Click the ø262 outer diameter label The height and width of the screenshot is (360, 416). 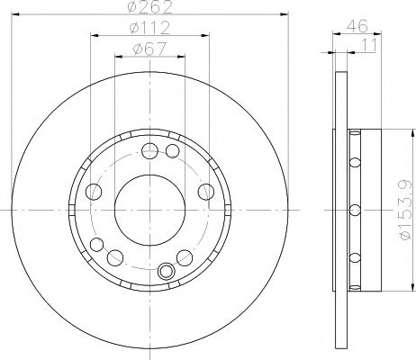150,9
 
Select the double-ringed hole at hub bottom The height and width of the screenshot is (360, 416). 165,271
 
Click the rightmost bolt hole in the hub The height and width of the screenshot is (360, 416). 205,191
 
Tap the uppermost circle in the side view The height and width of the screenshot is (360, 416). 354,162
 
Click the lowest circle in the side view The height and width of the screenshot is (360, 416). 354,259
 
